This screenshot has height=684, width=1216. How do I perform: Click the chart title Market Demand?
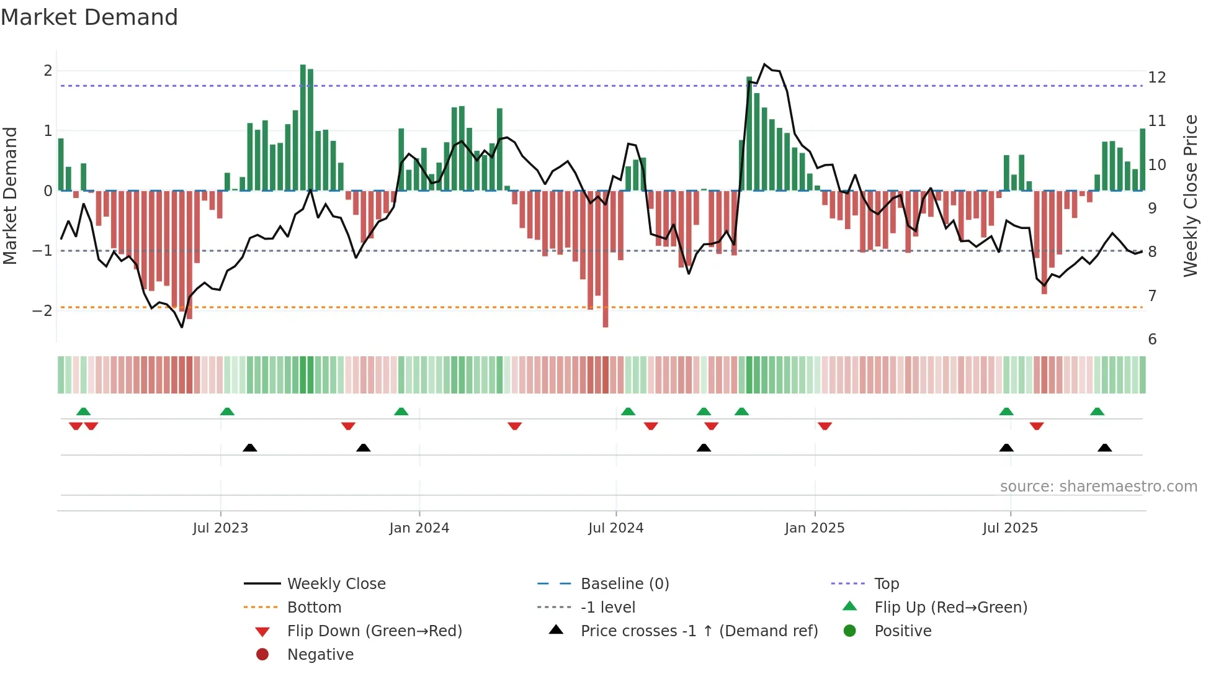[x=89, y=17]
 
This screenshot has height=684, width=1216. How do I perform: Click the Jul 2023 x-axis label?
[x=220, y=528]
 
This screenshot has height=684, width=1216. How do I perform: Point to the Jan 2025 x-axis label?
[x=814, y=528]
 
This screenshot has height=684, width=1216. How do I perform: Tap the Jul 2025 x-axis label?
[x=1010, y=528]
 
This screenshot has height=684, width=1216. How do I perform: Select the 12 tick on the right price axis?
[x=1156, y=78]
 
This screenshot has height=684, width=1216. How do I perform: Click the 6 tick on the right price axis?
[x=1152, y=340]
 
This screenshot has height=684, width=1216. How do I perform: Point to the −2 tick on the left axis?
[x=42, y=311]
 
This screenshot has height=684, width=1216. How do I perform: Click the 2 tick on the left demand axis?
[x=48, y=71]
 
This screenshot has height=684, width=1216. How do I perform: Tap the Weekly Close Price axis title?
[x=1190, y=196]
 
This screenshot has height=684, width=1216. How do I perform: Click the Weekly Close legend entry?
[x=336, y=584]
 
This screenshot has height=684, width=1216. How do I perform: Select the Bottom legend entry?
[x=314, y=608]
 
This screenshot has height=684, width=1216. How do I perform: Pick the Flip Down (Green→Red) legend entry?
[x=374, y=631]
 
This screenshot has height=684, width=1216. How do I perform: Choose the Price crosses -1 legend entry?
[x=699, y=631]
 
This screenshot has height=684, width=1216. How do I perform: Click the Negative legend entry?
[x=320, y=655]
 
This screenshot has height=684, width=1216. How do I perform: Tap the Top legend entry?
[x=886, y=584]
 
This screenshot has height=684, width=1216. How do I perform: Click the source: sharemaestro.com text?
[x=1098, y=487]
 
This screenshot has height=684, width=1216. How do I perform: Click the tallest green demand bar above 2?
[x=303, y=124]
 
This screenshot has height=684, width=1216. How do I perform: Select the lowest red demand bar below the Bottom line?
[x=606, y=261]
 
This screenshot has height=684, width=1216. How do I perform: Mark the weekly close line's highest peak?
[x=764, y=65]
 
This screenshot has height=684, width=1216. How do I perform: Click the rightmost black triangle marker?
[x=1104, y=448]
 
